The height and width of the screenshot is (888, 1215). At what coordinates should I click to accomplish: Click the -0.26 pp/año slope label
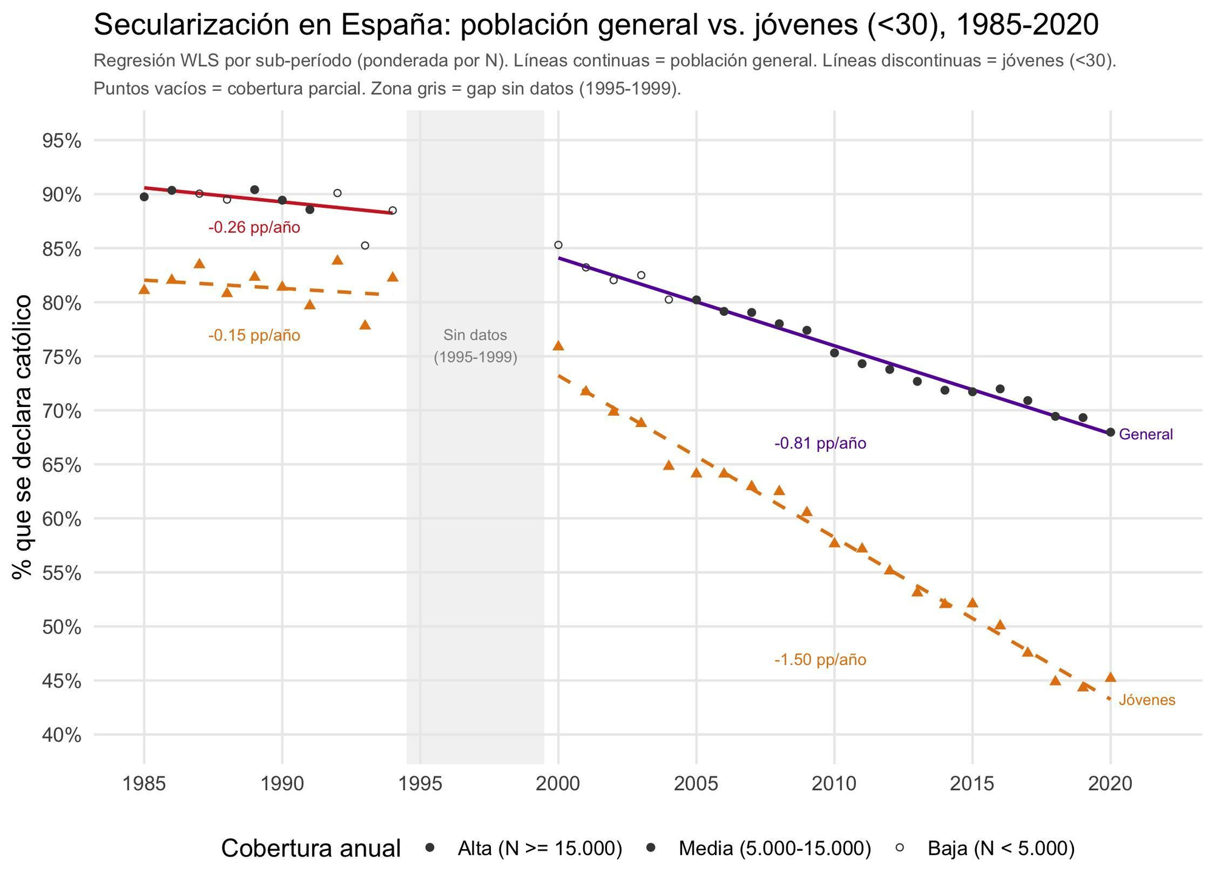(254, 228)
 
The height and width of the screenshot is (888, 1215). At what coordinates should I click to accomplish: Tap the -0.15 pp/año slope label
(254, 335)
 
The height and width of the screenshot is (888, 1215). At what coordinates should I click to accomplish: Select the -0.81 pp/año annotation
(820, 443)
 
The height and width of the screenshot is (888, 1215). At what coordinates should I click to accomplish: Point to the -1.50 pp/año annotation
(820, 660)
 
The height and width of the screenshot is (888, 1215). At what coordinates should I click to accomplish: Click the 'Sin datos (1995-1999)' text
(475, 346)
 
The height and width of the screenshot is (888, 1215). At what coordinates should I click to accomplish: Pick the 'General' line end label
(1146, 434)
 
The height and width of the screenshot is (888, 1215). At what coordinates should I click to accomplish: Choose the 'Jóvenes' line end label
(1147, 700)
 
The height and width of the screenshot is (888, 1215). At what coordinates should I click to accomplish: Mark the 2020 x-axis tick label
(1111, 784)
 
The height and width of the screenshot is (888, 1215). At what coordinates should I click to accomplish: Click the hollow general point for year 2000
(558, 245)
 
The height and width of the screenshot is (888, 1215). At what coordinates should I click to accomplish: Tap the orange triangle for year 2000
(558, 346)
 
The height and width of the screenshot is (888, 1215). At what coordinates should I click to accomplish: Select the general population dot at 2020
(1111, 432)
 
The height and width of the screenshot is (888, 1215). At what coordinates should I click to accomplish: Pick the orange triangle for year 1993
(365, 325)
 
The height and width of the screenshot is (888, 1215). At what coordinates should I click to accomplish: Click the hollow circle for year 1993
(365, 245)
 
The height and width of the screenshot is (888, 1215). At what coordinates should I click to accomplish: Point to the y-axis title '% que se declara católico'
(23, 437)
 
